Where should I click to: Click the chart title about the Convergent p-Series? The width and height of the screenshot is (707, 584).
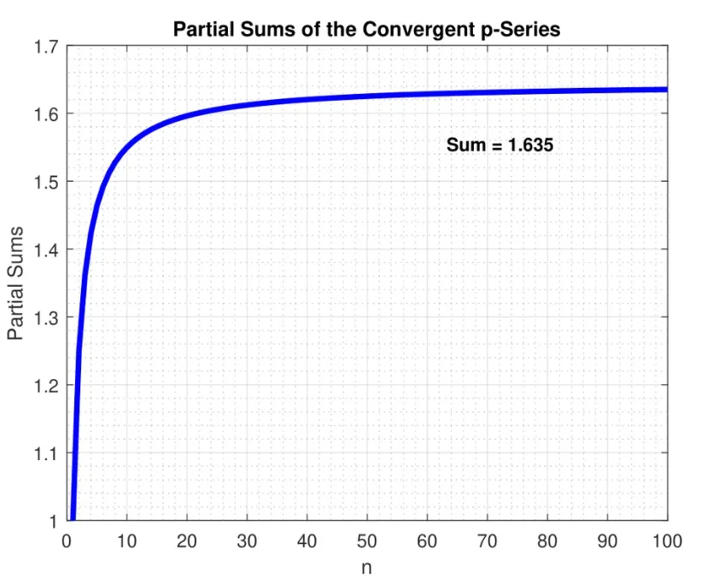(366, 29)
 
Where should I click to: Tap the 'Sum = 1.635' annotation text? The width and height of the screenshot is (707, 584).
(500, 146)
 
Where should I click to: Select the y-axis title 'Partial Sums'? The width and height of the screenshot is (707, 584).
(16, 283)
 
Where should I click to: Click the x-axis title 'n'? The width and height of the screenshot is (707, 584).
(366, 567)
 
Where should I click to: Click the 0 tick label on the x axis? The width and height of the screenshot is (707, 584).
(67, 540)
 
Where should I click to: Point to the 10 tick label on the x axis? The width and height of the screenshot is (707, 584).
(126, 540)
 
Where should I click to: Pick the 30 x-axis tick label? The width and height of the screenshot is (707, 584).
(247, 540)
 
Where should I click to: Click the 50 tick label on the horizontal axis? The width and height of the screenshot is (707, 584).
(367, 540)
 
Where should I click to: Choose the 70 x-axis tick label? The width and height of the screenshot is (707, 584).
(487, 540)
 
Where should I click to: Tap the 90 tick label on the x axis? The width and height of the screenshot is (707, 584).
(607, 540)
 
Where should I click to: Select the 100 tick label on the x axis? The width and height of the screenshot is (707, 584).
(667, 540)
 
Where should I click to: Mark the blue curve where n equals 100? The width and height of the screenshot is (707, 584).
(666, 89)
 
